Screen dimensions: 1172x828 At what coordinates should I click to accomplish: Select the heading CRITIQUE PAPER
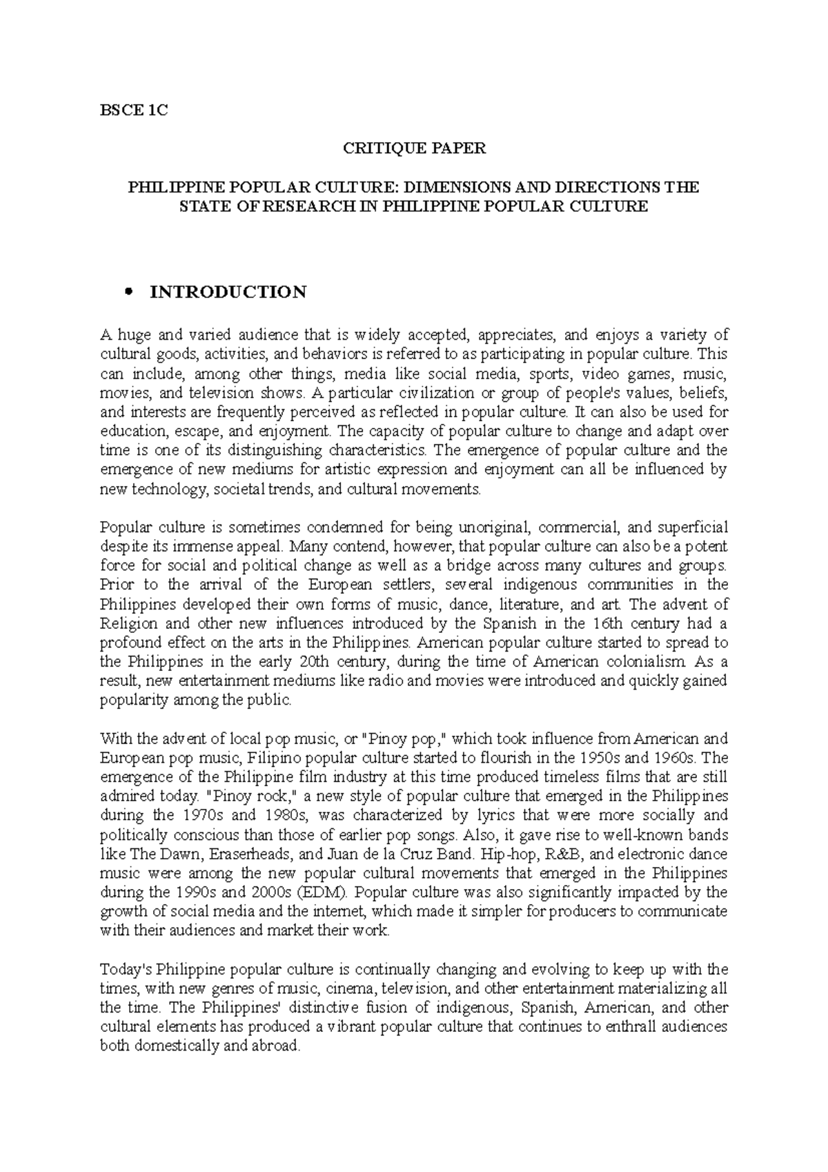(415, 148)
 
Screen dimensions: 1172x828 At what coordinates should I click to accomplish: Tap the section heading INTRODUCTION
(228, 292)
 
